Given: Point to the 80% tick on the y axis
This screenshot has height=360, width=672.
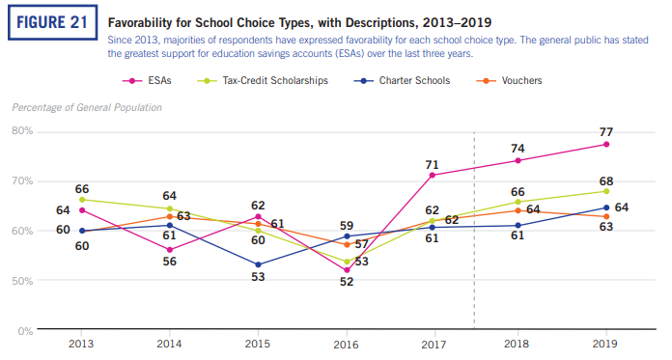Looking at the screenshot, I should [x=22, y=130].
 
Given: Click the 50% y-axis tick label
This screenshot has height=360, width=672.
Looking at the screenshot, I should [x=22, y=281].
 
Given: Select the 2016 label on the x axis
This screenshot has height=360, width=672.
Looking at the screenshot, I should [x=345, y=343].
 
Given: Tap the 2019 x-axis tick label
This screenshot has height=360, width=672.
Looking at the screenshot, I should [x=605, y=343].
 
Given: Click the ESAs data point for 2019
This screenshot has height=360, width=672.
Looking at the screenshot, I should [x=605, y=144].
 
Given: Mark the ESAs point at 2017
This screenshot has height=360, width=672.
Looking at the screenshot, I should [x=432, y=175].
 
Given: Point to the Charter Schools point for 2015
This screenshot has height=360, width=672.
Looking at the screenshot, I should [x=258, y=264].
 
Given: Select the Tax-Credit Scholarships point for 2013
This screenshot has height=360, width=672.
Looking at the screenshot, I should [x=83, y=200].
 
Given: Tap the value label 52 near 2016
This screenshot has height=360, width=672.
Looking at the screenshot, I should [x=346, y=283].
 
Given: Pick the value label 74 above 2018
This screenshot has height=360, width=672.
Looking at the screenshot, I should [x=518, y=149].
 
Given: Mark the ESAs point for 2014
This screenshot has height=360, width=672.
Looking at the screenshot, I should [x=170, y=250].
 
